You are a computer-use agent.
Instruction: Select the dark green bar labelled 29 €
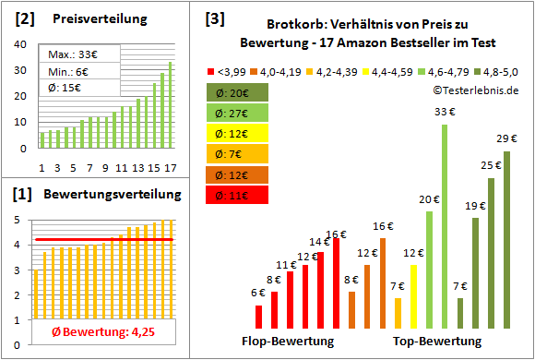(505, 240)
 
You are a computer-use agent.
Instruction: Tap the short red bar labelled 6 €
(259, 317)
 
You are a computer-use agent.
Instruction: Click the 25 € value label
(491, 165)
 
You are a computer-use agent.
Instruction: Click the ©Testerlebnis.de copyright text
(472, 90)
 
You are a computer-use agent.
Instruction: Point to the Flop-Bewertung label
(288, 342)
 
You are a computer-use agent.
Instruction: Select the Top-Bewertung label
(437, 342)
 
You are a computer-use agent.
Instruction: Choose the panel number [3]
(214, 19)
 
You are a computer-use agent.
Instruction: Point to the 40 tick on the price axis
(22, 42)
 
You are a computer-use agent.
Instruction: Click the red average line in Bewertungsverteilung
(101, 240)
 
